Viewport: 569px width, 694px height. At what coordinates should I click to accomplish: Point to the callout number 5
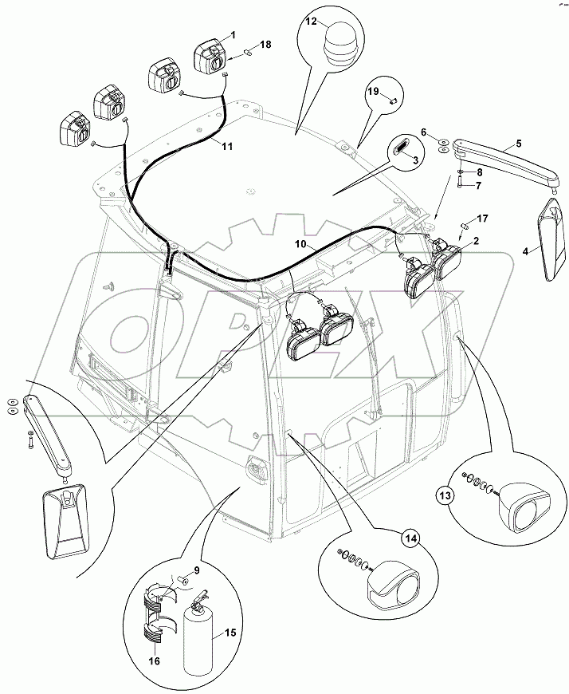point(519,144)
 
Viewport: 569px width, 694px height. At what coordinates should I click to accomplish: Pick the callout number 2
point(475,240)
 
